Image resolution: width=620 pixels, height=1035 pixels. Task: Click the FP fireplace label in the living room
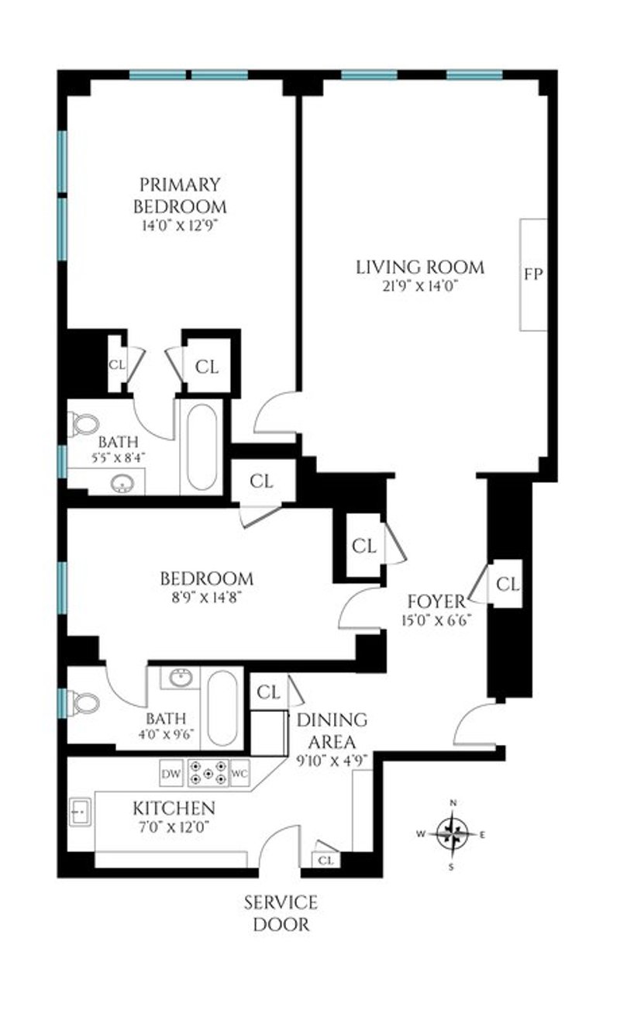533,274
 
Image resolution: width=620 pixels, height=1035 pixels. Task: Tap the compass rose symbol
453,834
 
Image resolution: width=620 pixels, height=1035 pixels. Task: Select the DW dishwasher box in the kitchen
171,773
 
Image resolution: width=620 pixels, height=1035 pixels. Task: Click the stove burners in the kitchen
208,773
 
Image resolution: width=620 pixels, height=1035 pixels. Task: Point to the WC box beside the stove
239,773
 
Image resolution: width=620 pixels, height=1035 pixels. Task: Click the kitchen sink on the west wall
80,812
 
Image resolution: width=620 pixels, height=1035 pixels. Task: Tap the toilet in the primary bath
83,424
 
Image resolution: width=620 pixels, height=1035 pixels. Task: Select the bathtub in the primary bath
202,447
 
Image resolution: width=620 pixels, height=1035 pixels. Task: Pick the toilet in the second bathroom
84,704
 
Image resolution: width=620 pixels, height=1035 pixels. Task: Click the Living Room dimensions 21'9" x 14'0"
419,287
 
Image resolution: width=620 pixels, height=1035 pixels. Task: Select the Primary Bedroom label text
180,195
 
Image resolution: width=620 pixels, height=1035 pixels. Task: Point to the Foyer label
436,602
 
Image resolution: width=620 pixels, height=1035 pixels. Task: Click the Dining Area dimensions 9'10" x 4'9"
332,760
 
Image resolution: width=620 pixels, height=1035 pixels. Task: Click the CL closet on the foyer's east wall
508,584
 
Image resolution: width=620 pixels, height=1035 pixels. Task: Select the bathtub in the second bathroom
222,709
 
